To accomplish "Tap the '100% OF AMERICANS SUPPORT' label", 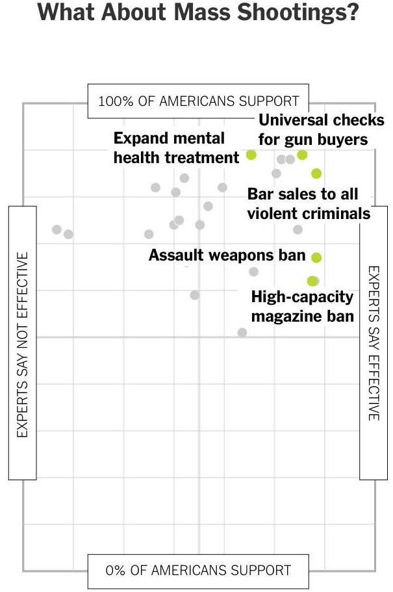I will click(198, 101).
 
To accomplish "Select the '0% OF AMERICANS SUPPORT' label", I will click(198, 571).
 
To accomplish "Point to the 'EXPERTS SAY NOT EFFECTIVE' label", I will click(23, 344).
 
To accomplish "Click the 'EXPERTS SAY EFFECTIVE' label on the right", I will click(374, 342).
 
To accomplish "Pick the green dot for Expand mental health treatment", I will click(251, 155).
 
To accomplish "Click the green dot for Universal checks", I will click(302, 155).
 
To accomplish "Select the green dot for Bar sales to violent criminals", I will click(316, 173).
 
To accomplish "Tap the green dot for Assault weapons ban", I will click(316, 257).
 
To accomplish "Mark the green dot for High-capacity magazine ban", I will click(312, 281).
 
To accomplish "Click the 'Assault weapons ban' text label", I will click(227, 255).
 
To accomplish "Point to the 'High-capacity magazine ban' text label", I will click(302, 307).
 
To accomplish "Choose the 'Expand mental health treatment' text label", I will click(176, 148).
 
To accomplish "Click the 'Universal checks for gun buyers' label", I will click(321, 130).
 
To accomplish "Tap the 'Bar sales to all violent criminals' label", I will click(309, 203).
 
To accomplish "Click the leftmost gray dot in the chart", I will click(57, 229).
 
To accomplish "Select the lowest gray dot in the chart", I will click(242, 332).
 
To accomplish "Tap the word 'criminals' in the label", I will click(338, 213).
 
